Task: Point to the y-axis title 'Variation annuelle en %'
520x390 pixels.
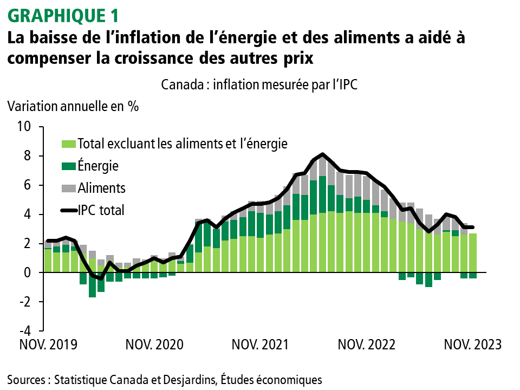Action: click(73, 106)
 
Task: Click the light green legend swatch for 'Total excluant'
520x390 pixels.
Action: click(68, 144)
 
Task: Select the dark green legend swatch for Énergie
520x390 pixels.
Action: click(68, 166)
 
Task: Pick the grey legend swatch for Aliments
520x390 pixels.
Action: click(68, 188)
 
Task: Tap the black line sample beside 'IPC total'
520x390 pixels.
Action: click(68, 210)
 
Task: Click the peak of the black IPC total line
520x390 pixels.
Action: click(323, 154)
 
